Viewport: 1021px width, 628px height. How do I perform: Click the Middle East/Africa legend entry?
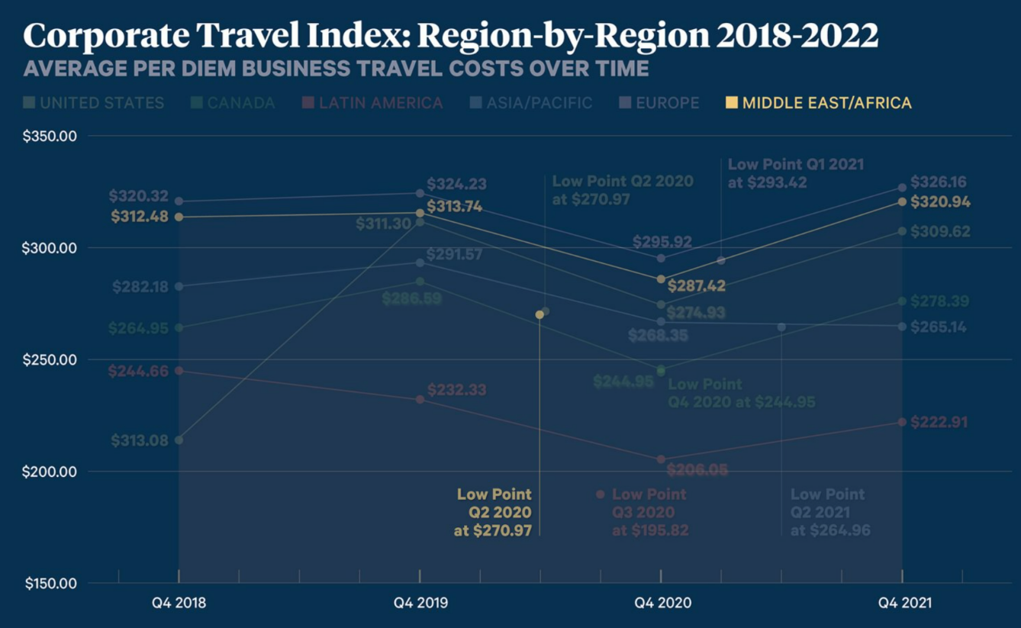[x=818, y=103]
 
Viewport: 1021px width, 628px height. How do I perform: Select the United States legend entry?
[x=94, y=103]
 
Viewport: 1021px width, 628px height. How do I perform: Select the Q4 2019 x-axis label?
[x=420, y=603]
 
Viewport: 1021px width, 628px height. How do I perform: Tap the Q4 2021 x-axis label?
[x=903, y=603]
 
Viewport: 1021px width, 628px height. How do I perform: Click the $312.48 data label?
[x=140, y=217]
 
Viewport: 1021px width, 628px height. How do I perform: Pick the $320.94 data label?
[x=939, y=202]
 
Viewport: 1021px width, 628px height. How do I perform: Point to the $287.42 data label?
[x=696, y=287]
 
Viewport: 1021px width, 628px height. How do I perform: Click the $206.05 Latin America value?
[x=697, y=470]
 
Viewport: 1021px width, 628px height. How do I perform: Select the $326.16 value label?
[x=939, y=182]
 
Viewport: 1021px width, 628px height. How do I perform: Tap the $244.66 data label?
[x=138, y=372]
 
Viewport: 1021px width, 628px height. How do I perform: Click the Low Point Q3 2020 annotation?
[x=649, y=512]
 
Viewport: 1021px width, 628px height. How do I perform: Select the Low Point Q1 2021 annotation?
[x=796, y=173]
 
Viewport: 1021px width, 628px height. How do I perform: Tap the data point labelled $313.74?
[x=420, y=213]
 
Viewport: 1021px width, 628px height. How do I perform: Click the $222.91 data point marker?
[x=902, y=422]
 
